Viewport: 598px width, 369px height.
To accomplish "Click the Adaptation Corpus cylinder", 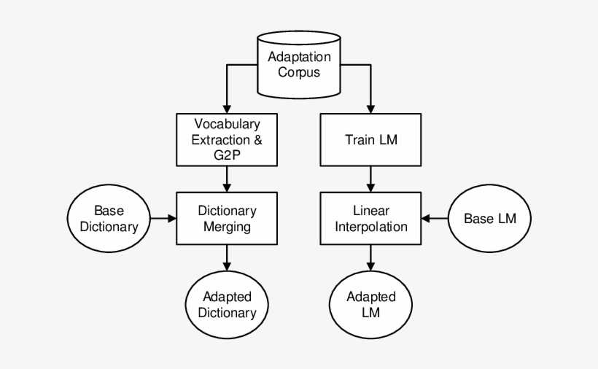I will (x=299, y=65).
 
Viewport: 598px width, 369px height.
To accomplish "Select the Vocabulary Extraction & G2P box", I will (x=227, y=139).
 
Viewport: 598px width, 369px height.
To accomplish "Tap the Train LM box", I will (x=371, y=139).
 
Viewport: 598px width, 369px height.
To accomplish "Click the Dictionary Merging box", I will (x=227, y=218).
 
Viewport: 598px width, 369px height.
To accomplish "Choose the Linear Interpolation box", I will (x=371, y=218).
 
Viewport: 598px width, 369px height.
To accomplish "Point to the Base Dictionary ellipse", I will (x=109, y=218).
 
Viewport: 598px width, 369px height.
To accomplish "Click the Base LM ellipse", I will (x=489, y=218).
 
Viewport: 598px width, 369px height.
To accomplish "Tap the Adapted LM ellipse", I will (x=371, y=305).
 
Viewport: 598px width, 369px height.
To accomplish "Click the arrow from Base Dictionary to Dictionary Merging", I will (x=163, y=218).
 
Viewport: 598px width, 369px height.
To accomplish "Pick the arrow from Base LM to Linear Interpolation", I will (x=435, y=218).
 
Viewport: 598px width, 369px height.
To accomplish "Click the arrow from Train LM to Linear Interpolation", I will (x=371, y=178).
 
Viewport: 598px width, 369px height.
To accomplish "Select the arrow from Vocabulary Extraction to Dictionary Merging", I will (x=227, y=178).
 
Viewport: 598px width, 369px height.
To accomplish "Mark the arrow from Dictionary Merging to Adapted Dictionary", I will (x=227, y=256).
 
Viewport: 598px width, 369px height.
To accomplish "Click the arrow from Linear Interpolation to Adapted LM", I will (x=371, y=256).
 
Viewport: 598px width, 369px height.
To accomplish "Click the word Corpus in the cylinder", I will (x=299, y=73).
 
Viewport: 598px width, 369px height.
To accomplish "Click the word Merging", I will (x=227, y=226).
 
